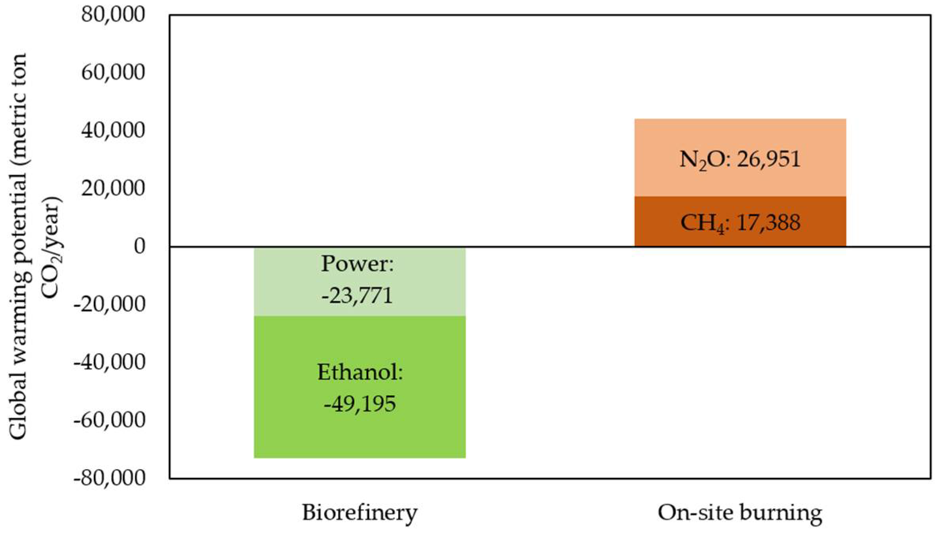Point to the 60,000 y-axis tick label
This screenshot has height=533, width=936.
coord(113,73)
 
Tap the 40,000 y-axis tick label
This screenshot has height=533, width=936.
coord(113,130)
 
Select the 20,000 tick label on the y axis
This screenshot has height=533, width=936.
coord(113,188)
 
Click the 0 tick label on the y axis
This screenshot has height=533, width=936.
coord(139,246)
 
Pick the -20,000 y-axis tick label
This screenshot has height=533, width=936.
coord(109,304)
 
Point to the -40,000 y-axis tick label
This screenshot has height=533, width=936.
coord(109,362)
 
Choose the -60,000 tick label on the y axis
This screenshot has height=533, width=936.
coord(109,420)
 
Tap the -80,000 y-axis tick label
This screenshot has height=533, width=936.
coord(109,478)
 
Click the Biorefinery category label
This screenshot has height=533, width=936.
coord(360,513)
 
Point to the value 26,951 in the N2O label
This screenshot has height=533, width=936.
coord(768,159)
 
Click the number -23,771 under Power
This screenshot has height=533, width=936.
coord(357,295)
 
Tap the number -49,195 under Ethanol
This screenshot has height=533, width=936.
coord(360,404)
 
